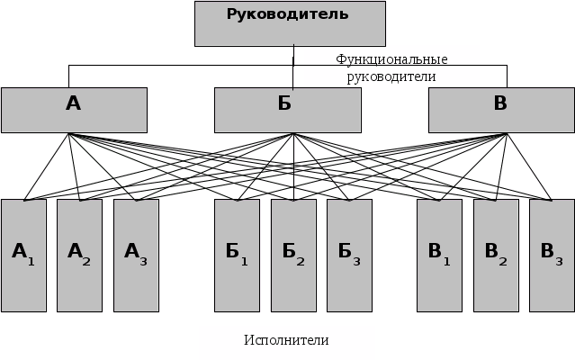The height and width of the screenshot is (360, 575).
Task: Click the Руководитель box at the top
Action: click(290, 23)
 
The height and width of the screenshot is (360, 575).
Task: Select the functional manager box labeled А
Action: click(74, 110)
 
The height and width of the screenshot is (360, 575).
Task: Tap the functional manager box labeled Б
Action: click(287, 110)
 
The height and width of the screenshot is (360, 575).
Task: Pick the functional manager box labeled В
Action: click(501, 110)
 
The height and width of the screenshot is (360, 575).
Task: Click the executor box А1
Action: click(24, 256)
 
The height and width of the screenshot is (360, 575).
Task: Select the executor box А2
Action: click(80, 256)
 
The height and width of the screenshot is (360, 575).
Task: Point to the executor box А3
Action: click(136, 256)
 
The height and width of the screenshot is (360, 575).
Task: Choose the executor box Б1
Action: click(237, 256)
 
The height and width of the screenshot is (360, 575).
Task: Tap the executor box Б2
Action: click(293, 256)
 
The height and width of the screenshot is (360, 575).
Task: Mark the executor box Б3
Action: click(349, 256)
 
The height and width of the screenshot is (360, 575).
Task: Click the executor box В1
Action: click(439, 256)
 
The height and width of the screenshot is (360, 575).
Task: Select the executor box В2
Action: click(496, 256)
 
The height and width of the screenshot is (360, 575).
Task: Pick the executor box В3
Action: click(552, 256)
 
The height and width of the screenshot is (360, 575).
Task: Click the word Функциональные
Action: click(391, 59)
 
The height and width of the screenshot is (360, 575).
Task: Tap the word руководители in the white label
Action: click(391, 76)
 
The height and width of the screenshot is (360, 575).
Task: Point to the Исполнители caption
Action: click(286, 340)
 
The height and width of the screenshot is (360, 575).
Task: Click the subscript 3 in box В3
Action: click(559, 261)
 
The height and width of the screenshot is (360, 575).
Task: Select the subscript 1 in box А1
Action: click(31, 261)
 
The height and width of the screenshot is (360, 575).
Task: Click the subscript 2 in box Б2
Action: click(301, 261)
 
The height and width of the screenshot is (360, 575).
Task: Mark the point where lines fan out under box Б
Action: click(293, 134)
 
